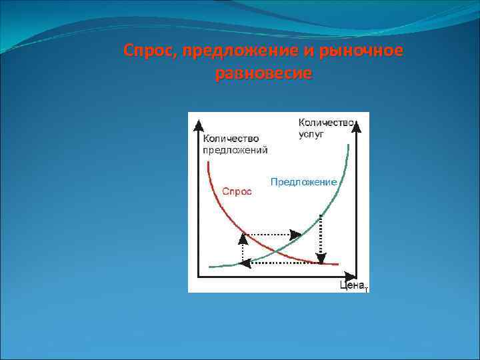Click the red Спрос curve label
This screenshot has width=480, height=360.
click(x=237, y=191)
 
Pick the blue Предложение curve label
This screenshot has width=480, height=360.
click(x=303, y=181)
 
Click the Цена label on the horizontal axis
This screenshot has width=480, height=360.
click(x=352, y=285)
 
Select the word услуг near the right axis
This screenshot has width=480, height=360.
click(x=311, y=134)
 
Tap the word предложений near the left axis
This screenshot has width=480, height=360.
click(x=235, y=150)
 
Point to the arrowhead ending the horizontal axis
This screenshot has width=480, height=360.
click(x=349, y=275)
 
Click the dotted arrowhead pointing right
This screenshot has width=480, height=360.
click(x=294, y=234)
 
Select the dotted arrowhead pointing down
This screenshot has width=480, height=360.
click(x=321, y=258)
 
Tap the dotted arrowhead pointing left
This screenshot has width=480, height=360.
click(x=245, y=263)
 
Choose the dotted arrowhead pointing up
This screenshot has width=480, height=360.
click(x=242, y=239)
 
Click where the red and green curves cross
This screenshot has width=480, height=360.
click(x=275, y=251)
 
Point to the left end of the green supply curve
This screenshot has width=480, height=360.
click(x=210, y=266)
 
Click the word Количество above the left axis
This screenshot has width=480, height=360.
click(x=230, y=139)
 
